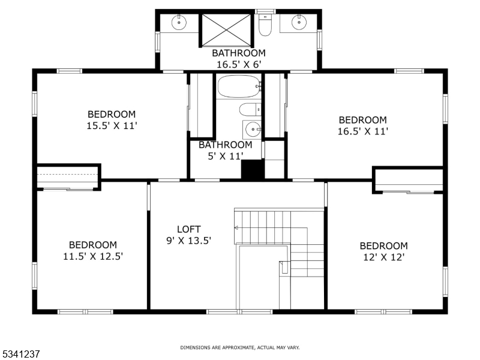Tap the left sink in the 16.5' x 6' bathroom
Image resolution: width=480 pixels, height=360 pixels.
click(x=178, y=23)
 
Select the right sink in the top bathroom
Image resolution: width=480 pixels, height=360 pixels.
click(x=299, y=23)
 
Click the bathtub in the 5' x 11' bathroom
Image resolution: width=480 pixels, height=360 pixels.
click(x=239, y=87)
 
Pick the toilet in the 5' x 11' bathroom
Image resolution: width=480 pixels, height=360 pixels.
click(x=248, y=109)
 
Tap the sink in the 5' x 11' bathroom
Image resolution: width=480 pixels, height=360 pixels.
click(x=253, y=129)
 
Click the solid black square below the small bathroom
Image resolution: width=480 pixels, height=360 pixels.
click(x=253, y=169)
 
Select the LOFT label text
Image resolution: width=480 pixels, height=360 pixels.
click(x=188, y=229)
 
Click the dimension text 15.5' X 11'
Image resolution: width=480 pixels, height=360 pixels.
click(x=112, y=125)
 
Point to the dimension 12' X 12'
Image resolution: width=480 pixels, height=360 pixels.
click(x=383, y=257)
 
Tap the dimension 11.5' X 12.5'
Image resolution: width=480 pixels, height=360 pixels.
click(x=92, y=256)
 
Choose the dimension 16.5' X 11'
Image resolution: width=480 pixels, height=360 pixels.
click(x=362, y=131)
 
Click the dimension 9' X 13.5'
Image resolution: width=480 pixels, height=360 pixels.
click(x=188, y=240)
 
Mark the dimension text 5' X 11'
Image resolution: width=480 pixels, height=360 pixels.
click(x=225, y=156)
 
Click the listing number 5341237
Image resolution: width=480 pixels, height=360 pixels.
click(x=20, y=354)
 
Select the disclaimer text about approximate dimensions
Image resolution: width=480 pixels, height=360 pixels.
click(x=240, y=347)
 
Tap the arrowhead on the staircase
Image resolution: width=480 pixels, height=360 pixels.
click(x=236, y=228)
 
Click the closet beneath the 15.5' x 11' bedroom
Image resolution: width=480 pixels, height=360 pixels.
click(x=67, y=178)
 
